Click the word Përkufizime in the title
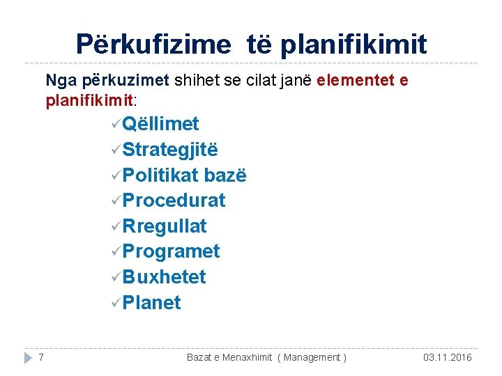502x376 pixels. point(153,45)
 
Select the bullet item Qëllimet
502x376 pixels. point(160,124)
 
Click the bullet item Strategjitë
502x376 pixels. point(170,150)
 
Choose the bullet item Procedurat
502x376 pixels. point(174,201)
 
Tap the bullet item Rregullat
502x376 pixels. point(165,226)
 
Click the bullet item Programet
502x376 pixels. point(171,251)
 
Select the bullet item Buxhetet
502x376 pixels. point(164,277)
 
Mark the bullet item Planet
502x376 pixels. point(151,303)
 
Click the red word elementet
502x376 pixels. point(355,80)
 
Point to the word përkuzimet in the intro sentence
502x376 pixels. point(136,80)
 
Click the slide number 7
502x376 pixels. point(42,357)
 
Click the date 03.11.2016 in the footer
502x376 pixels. point(447,357)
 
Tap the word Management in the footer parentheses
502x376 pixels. point(311,357)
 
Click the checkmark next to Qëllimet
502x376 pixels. point(114,125)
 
